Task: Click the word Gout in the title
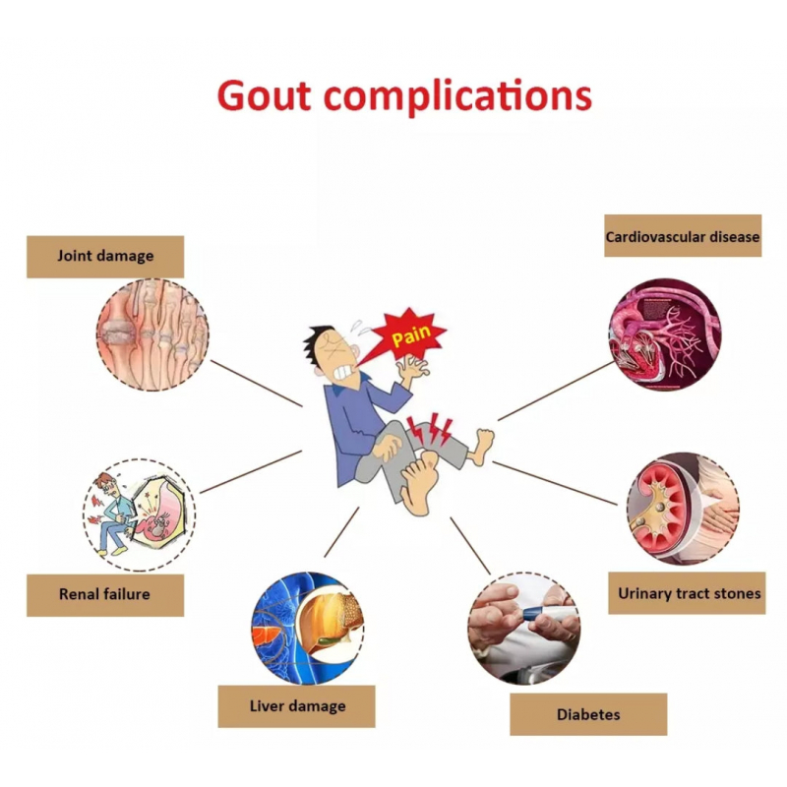pos(264,95)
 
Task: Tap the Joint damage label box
pos(105,257)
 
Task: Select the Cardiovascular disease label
pos(683,236)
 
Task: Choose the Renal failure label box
pos(105,595)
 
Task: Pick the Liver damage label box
pos(297,706)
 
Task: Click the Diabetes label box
pos(588,715)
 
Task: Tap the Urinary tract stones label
pos(687,593)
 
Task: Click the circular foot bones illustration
pos(152,334)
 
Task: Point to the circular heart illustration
pos(665,334)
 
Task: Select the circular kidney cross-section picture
pos(683,509)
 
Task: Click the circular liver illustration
pos(308,628)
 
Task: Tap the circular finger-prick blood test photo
pos(524,629)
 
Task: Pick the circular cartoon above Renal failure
pos(139,515)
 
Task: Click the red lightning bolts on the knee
pos(430,429)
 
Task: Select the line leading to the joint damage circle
pos(257,383)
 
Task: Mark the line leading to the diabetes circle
pos(470,546)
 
